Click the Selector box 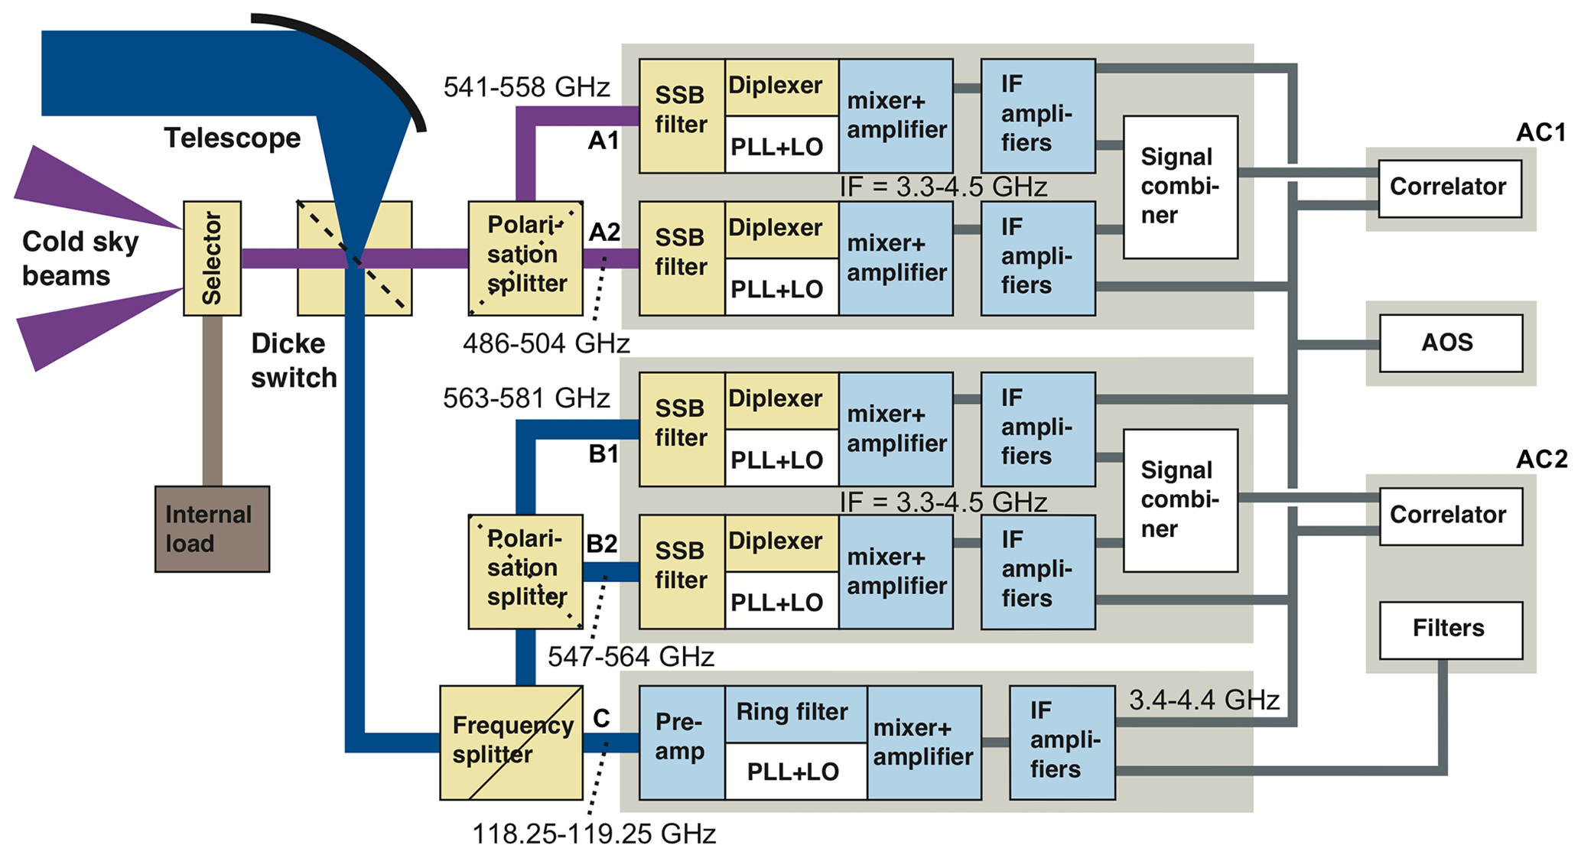[212, 258]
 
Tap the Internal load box [212, 529]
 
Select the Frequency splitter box [511, 742]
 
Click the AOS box [1450, 343]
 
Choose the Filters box [1450, 629]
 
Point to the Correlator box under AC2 [1450, 516]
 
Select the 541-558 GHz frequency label [526, 87]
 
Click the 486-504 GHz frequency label [546, 344]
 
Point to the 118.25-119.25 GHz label [594, 834]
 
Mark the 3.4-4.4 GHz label [1204, 700]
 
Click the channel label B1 [603, 454]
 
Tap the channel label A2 [603, 232]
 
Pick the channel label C [601, 719]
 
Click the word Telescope [232, 138]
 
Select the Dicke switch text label [293, 360]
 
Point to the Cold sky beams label [80, 258]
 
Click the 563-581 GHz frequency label [526, 398]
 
